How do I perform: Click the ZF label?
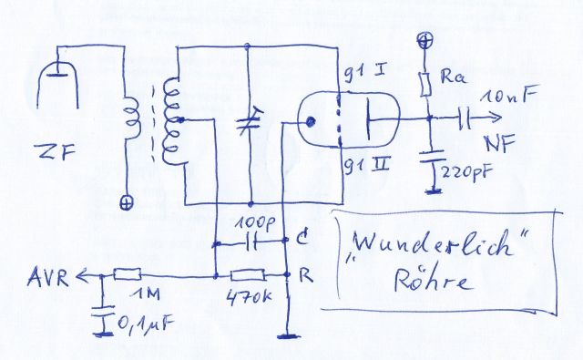[x=55, y=151]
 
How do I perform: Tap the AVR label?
[x=47, y=277]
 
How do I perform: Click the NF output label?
[x=500, y=143]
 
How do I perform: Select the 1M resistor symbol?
[x=128, y=274]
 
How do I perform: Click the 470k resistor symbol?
[x=248, y=275]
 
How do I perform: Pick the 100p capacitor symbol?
[x=251, y=243]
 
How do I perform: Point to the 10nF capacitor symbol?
[x=464, y=118]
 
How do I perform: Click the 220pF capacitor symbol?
[x=431, y=157]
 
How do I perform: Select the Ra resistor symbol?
[x=425, y=85]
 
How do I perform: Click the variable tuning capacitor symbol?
[x=250, y=121]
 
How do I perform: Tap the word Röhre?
[x=434, y=280]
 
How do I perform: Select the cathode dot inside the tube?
[x=310, y=121]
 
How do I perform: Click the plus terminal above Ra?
[x=424, y=40]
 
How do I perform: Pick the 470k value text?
[x=250, y=296]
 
